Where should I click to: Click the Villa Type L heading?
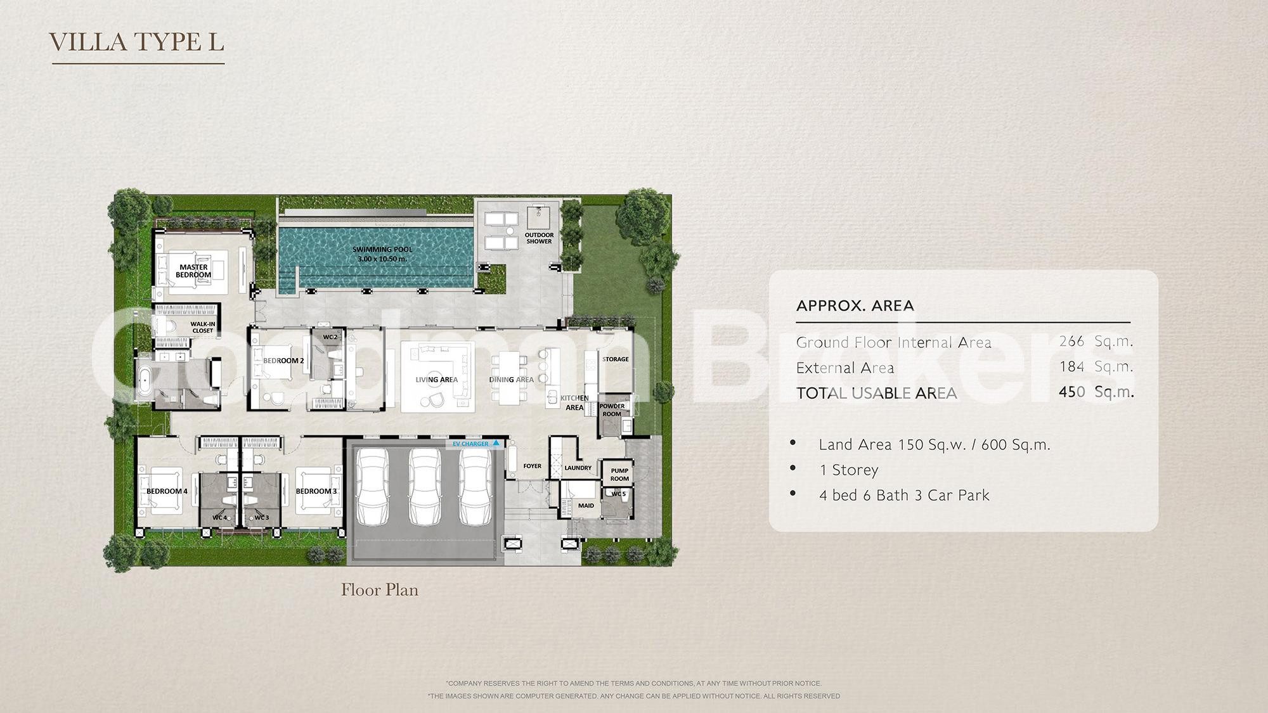(x=137, y=42)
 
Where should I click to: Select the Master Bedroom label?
(x=193, y=271)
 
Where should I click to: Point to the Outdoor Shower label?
(x=539, y=238)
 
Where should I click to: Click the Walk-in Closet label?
(x=203, y=327)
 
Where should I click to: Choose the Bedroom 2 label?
(x=283, y=361)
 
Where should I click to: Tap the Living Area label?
(x=436, y=380)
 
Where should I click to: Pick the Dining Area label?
(x=511, y=380)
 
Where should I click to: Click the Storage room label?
(x=615, y=359)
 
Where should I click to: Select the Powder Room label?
(x=612, y=410)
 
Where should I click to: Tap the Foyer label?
(x=532, y=466)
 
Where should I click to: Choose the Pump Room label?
(x=619, y=475)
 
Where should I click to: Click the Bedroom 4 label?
(x=167, y=491)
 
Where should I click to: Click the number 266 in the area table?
(x=1071, y=342)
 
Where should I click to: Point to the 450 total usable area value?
(x=1071, y=392)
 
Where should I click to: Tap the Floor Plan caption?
(x=380, y=590)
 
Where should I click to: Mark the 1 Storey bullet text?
(x=849, y=470)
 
